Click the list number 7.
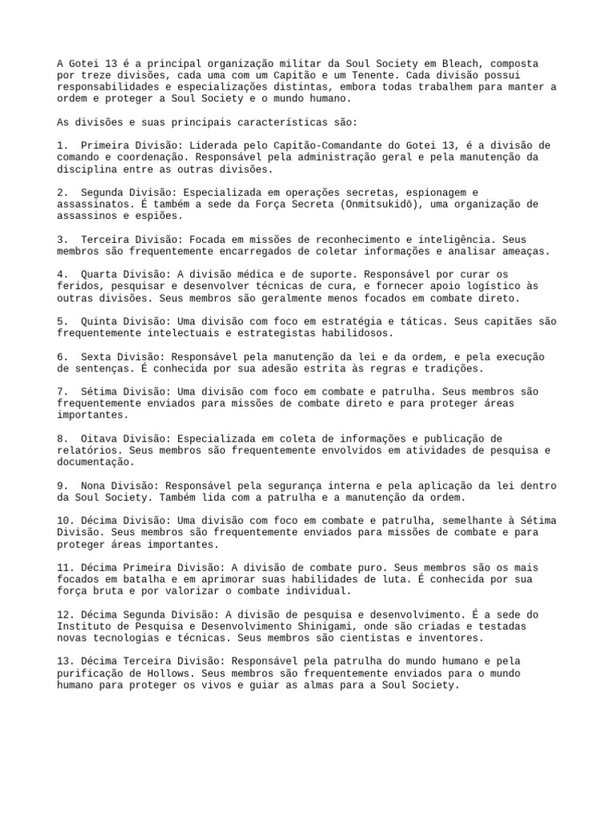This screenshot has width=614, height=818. [62, 391]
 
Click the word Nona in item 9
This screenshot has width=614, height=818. [92, 486]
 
